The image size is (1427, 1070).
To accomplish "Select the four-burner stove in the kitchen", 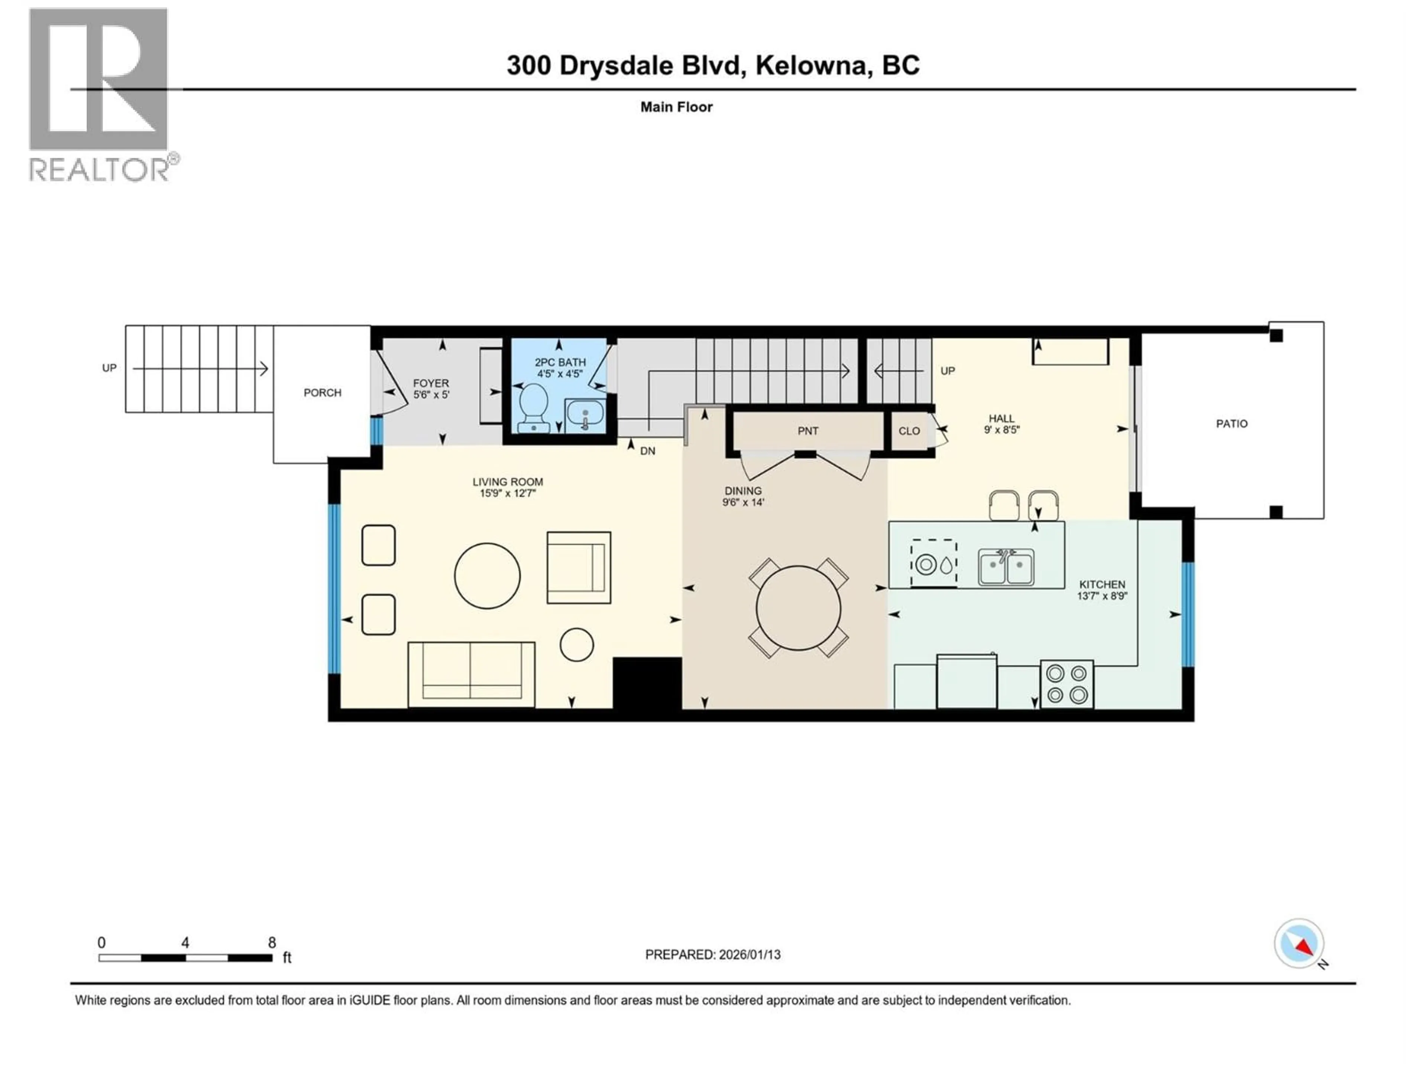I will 1067,684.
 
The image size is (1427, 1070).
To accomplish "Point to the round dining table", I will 798,607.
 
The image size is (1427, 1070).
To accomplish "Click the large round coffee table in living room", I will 487,575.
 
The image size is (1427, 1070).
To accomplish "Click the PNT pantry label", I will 808,431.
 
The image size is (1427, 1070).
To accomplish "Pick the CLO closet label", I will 909,431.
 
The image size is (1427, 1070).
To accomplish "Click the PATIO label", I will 1232,424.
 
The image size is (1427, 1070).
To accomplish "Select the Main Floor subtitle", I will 676,107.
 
